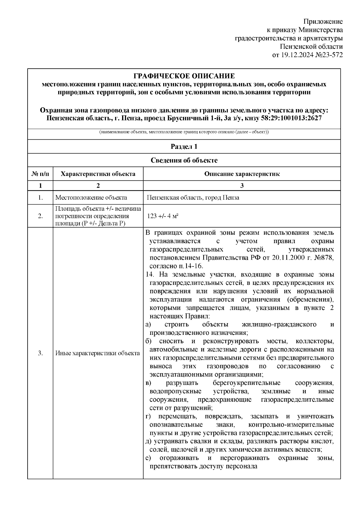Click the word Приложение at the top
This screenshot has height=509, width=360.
tap(323, 22)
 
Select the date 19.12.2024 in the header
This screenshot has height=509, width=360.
tap(296, 55)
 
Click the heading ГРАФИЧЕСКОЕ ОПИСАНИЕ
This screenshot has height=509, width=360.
tap(184, 76)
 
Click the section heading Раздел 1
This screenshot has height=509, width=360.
tap(184, 147)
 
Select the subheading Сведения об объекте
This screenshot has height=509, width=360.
tap(184, 160)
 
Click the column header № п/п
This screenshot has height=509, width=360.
tap(40, 174)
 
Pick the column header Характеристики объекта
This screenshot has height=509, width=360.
tap(98, 174)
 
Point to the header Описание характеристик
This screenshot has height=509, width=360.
tap(242, 174)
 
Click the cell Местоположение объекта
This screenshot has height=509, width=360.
tap(91, 198)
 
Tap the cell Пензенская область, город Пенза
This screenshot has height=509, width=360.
tap(193, 198)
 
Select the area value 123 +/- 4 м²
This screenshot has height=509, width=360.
tap(163, 216)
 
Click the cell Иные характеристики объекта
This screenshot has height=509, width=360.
tap(97, 353)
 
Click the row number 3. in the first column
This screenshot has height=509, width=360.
tap(40, 353)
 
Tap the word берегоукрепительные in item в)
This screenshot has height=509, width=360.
tap(247, 383)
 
